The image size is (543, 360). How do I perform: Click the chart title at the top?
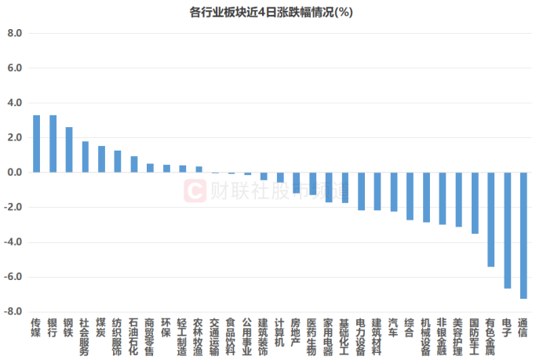[x=271, y=13]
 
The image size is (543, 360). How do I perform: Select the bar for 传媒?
[x=36, y=144]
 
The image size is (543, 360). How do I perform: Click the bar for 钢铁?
[x=69, y=150]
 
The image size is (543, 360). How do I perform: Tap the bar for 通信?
[x=523, y=235]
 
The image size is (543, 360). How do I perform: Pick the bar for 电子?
[x=507, y=230]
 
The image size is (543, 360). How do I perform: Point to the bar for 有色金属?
[x=490, y=220]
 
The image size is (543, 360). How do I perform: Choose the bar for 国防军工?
[x=475, y=203]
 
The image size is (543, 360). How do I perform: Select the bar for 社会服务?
[x=85, y=157]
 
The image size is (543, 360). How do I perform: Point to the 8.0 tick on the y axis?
[x=14, y=34]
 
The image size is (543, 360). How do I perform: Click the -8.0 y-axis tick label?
[x=13, y=312]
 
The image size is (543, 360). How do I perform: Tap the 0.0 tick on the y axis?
[x=14, y=173]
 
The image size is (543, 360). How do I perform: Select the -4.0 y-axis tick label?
[x=13, y=242]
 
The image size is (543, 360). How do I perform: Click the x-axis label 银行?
[x=53, y=328]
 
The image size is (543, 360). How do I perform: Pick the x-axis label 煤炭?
[x=101, y=328]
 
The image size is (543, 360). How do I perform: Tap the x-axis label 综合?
[x=410, y=328]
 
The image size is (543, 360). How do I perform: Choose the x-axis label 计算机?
[x=280, y=333]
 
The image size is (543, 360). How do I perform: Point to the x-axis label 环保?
[x=166, y=328]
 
